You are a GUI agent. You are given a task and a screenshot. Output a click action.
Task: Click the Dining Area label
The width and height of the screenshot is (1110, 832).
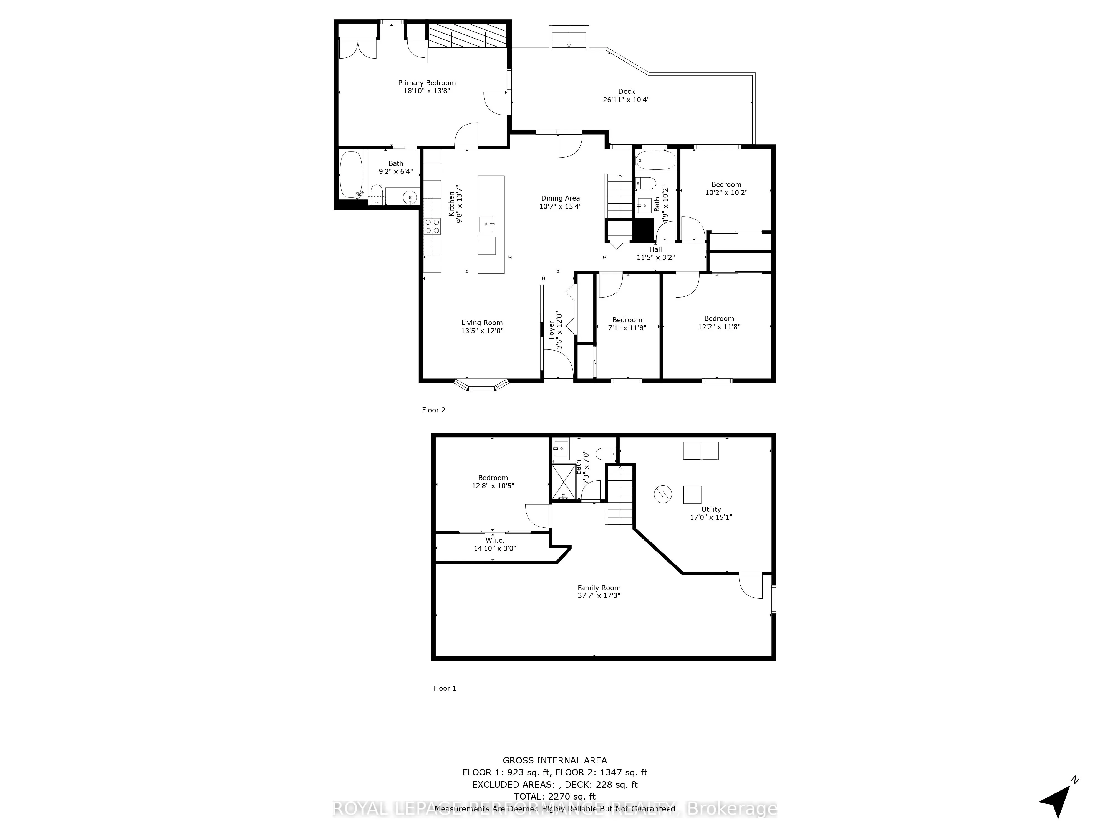pyautogui.click(x=560, y=202)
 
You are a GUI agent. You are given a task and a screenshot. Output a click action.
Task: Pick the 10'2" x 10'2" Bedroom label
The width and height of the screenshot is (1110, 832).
pyautogui.click(x=726, y=189)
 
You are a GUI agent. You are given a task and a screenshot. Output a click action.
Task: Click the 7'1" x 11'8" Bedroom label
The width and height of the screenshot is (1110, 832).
pyautogui.click(x=627, y=324)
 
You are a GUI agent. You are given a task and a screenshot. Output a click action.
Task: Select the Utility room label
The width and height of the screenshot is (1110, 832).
pyautogui.click(x=711, y=513)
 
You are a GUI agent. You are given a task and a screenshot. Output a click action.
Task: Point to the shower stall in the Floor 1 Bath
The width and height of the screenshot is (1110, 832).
pyautogui.click(x=564, y=482)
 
